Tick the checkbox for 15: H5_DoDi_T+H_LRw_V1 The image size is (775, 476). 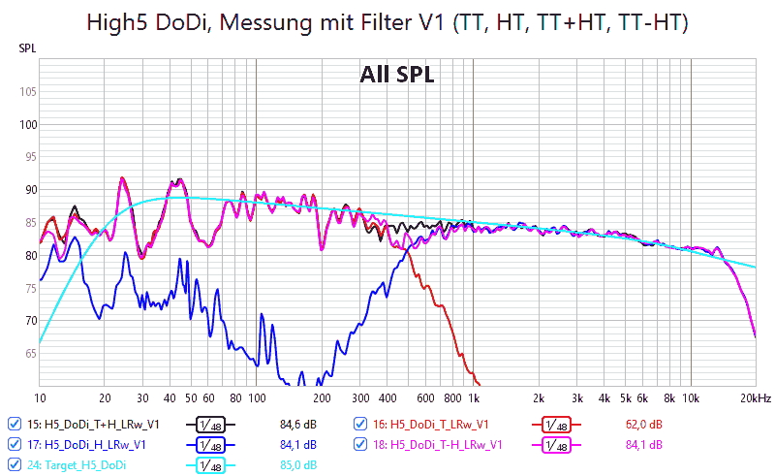14,424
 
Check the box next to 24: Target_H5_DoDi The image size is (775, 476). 14,464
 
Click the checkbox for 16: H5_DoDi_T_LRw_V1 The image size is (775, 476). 360,424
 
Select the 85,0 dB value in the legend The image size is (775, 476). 298,464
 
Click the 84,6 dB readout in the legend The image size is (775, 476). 298,424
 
